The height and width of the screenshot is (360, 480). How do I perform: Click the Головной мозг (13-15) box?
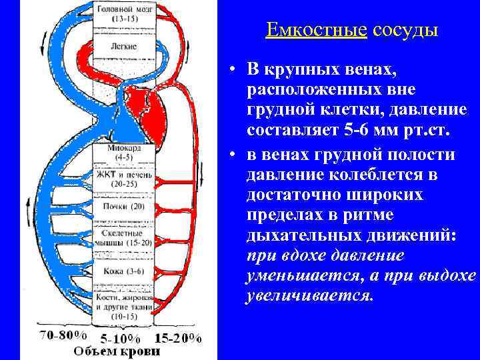click(x=126, y=15)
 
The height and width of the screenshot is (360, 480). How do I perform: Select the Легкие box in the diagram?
click(x=126, y=47)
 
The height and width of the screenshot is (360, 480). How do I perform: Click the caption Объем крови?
click(x=117, y=351)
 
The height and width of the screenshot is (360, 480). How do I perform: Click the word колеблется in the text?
click(x=377, y=176)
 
